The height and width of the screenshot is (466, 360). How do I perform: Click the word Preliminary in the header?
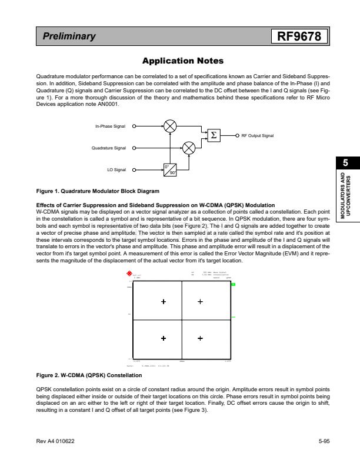[x=69, y=36]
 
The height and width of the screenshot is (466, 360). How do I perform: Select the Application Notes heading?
[x=183, y=61]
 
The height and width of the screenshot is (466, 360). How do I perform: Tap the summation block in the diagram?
[x=214, y=135]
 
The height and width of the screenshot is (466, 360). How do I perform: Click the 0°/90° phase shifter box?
[x=170, y=169]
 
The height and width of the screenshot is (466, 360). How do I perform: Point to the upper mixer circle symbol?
[x=170, y=126]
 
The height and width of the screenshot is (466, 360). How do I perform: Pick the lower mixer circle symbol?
[x=189, y=148]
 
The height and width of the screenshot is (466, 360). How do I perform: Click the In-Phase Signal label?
[x=110, y=126]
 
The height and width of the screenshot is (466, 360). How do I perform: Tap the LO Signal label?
[x=116, y=170]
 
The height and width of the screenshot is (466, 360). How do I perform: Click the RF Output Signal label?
[x=258, y=136]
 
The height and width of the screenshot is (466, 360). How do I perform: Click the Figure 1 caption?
[x=98, y=191]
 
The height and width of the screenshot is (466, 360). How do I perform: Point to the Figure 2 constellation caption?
[x=89, y=375]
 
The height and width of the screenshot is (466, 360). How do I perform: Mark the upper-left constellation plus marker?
[x=164, y=302]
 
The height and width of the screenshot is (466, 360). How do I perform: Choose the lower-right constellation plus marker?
[x=200, y=338]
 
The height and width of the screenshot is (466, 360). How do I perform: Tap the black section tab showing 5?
[x=346, y=163]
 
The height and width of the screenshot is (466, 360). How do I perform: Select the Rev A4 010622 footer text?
[x=55, y=441]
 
